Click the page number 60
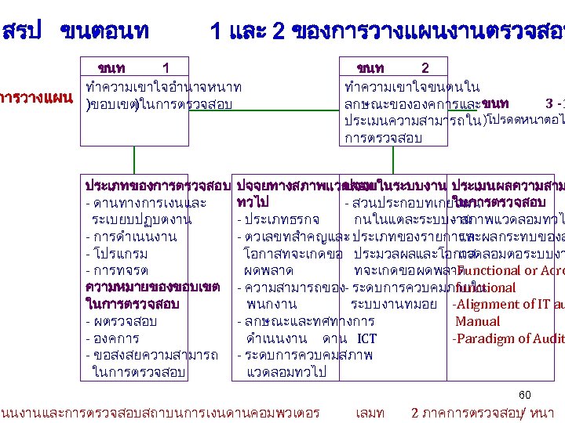[525, 394]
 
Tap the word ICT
[366, 338]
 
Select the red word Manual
[477, 321]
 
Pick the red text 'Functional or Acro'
[509, 270]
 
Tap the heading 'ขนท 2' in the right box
[392, 68]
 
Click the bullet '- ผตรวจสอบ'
[121, 321]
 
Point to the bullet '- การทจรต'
[117, 270]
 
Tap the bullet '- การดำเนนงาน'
[130, 236]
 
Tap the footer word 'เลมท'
[370, 412]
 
